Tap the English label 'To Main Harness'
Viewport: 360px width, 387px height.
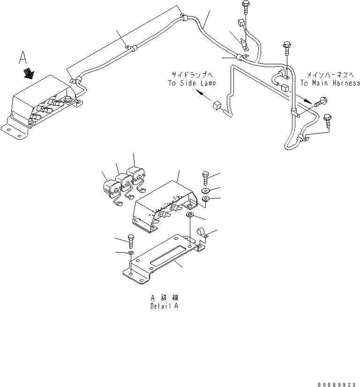pyautogui.click(x=330, y=83)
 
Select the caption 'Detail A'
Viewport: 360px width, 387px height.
pyautogui.click(x=164, y=306)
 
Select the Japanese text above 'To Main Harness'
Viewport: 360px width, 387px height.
pyautogui.click(x=330, y=75)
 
